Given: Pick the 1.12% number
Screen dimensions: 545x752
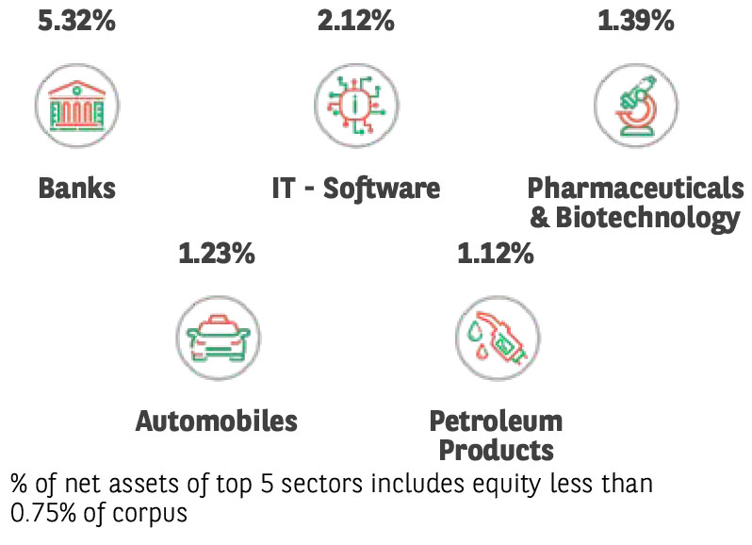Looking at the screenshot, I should [496, 252].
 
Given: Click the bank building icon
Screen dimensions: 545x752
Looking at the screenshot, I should [77, 105].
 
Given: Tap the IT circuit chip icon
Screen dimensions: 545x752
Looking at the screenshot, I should [356, 105].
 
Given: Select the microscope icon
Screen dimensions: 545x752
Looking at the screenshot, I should [636, 105].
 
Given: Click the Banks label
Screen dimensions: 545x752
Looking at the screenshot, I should [77, 188].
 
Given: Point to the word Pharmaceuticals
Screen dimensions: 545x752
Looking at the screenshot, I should [636, 188].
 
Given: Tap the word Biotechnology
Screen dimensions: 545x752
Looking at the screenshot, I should [646, 218].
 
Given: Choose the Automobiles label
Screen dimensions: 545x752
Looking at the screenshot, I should [217, 421].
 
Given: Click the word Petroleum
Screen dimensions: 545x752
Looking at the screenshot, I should [496, 421].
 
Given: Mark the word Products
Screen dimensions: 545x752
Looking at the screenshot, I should [496, 450].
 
